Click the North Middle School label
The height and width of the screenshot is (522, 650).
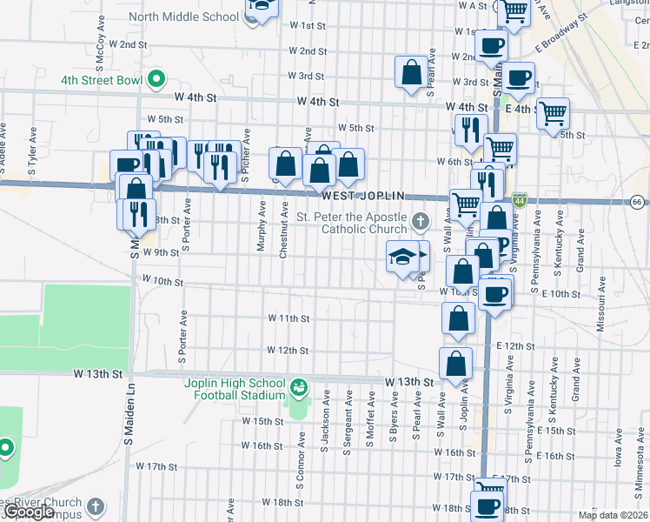pos(183,16)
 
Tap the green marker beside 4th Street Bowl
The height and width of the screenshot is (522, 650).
pos(156,80)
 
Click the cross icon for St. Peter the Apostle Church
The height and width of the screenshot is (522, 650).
pos(421,221)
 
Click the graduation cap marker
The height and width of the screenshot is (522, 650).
pos(402,256)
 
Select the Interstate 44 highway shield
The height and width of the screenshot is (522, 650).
pos(519,200)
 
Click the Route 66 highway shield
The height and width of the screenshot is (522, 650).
pos(637,201)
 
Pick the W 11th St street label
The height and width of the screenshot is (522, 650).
pos(289,319)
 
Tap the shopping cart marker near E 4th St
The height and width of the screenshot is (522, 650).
pos(552,112)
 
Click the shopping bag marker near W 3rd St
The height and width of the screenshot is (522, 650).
pos(412,71)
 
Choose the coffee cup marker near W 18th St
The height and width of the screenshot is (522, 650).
pos(487,505)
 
